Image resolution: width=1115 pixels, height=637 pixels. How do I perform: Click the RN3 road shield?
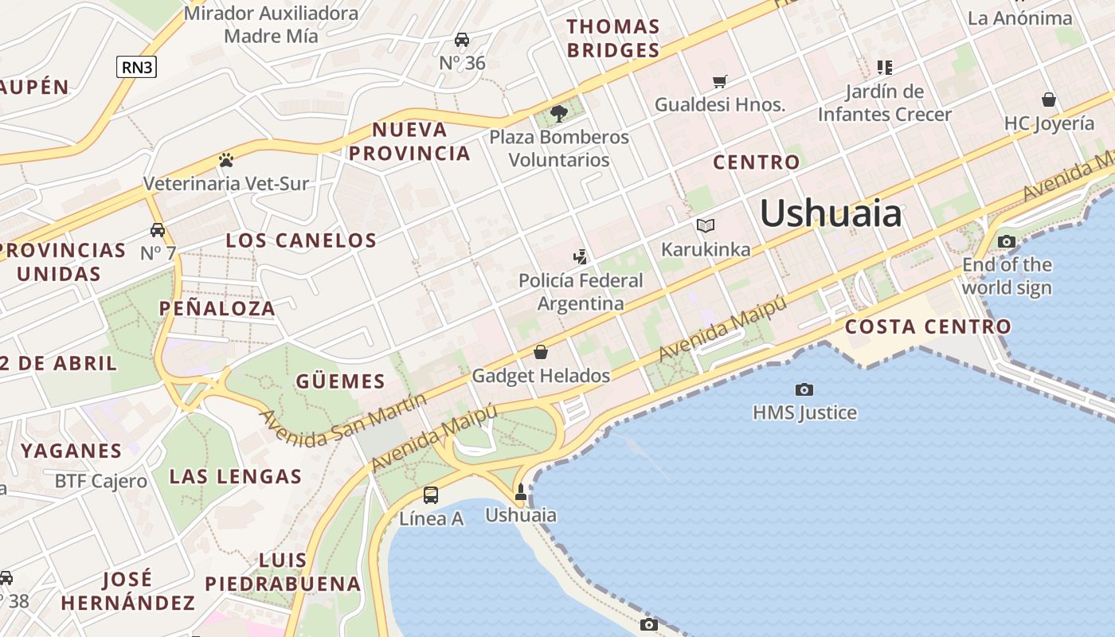click(x=136, y=67)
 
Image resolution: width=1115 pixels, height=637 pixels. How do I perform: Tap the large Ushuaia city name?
click(x=831, y=213)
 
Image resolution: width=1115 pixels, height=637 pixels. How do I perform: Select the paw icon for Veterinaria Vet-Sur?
click(x=225, y=160)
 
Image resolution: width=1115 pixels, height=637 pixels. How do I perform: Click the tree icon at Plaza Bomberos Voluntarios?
click(x=559, y=113)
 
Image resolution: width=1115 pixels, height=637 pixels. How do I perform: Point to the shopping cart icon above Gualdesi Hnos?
click(x=720, y=81)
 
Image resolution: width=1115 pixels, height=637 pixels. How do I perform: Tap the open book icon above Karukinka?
click(x=706, y=225)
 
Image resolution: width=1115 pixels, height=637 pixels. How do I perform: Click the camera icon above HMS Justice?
click(x=804, y=389)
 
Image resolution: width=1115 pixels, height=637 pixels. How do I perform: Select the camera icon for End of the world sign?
click(x=1007, y=241)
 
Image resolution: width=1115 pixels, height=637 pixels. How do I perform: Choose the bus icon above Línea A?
click(x=431, y=494)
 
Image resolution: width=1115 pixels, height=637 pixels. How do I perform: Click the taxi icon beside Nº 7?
click(x=158, y=230)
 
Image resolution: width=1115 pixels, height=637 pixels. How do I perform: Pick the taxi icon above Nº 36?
click(x=462, y=40)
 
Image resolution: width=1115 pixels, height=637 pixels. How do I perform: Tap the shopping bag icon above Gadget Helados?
click(x=541, y=352)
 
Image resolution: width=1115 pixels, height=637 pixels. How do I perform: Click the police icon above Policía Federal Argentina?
click(x=581, y=256)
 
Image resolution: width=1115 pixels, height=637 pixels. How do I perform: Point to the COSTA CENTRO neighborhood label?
click(x=928, y=326)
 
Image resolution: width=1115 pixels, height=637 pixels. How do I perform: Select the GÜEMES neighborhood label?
click(x=340, y=381)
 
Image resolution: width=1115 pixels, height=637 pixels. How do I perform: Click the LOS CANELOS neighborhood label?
click(x=301, y=240)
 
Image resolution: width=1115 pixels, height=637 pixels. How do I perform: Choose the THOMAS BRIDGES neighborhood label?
click(x=613, y=38)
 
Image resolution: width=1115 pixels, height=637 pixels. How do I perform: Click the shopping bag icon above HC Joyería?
click(x=1049, y=100)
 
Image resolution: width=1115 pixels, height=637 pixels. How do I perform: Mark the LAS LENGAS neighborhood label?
click(x=236, y=477)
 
